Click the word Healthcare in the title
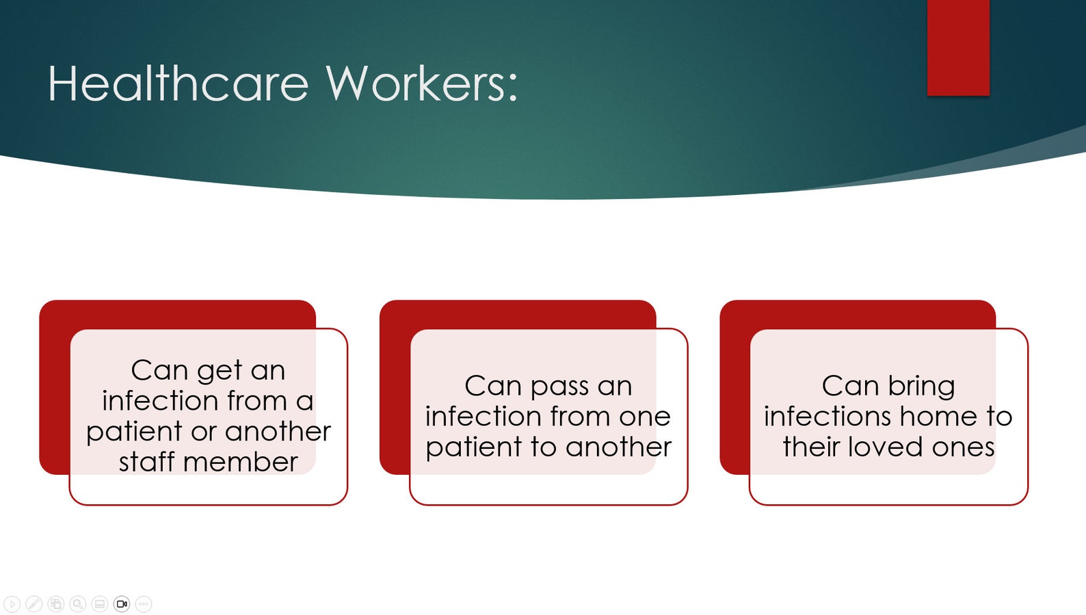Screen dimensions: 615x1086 point(178,84)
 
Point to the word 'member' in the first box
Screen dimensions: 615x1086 point(241,462)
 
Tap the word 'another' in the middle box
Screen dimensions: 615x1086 point(618,447)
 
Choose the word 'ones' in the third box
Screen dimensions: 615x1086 point(963,447)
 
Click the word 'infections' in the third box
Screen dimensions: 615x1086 point(827,417)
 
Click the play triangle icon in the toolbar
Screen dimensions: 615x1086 point(12,604)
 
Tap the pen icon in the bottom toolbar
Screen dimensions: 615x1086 point(34,604)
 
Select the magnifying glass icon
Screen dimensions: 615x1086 point(78,604)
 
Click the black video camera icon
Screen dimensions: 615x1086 point(122,604)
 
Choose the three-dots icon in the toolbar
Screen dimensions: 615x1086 point(144,604)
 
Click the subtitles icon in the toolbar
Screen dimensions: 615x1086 point(100,604)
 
